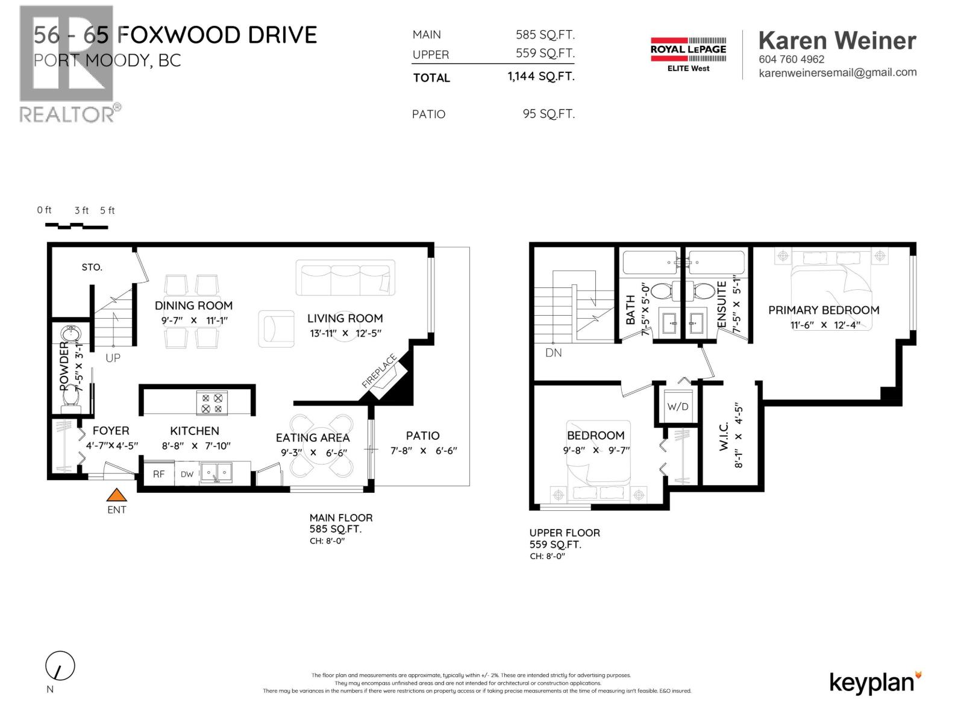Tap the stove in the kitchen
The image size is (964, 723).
pyautogui.click(x=211, y=403)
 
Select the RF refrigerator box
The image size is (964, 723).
pyautogui.click(x=158, y=474)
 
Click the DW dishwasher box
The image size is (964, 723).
pyautogui.click(x=187, y=474)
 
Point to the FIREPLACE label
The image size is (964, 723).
pyautogui.click(x=380, y=371)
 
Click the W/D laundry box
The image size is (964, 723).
pyautogui.click(x=677, y=407)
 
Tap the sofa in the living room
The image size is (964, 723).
pyautogui.click(x=345, y=278)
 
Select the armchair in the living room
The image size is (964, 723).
pyautogui.click(x=275, y=328)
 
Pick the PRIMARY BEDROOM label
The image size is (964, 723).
pyautogui.click(x=824, y=310)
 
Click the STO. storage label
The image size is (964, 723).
pyautogui.click(x=92, y=267)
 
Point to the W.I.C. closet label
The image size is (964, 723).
pyautogui.click(x=724, y=436)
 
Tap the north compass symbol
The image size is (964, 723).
pyautogui.click(x=60, y=667)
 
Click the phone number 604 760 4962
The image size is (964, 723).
pyautogui.click(x=791, y=59)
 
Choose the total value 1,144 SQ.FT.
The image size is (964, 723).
pyautogui.click(x=540, y=77)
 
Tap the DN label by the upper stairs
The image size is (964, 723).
pyautogui.click(x=553, y=352)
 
